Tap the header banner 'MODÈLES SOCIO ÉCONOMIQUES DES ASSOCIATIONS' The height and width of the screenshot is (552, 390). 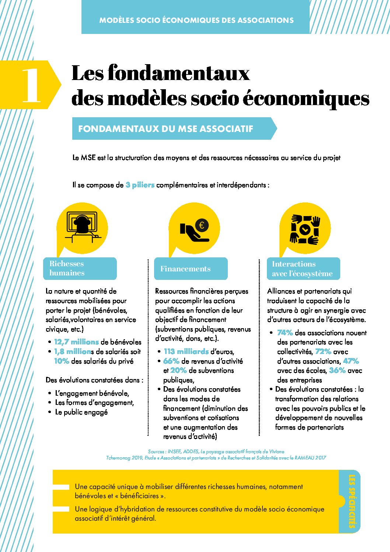tap(196, 20)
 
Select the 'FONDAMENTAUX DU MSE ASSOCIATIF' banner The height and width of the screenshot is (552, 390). tap(166, 129)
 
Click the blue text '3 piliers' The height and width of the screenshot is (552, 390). tap(140, 185)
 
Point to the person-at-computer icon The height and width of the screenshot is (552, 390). tap(82, 228)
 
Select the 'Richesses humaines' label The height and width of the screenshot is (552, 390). tap(67, 268)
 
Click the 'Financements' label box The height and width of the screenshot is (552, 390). tap(185, 269)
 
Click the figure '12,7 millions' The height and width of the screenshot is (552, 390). tap(76, 342)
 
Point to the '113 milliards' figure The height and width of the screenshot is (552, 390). tap(186, 352)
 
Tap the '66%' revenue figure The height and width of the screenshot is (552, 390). tap(171, 361)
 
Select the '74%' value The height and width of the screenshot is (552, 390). tap(285, 333)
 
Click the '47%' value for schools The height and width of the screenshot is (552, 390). tap(351, 361)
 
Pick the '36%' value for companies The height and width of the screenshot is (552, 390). tap(337, 371)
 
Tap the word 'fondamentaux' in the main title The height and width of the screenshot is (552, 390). tap(179, 73)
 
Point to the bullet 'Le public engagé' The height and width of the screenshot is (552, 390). tap(81, 412)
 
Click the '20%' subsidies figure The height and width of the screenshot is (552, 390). tap(178, 371)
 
